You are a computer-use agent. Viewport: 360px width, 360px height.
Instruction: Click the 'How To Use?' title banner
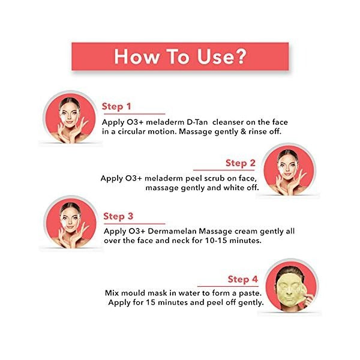180,57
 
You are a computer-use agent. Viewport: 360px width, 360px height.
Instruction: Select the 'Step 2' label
240,163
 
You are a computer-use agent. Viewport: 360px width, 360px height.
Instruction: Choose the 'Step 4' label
242,280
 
